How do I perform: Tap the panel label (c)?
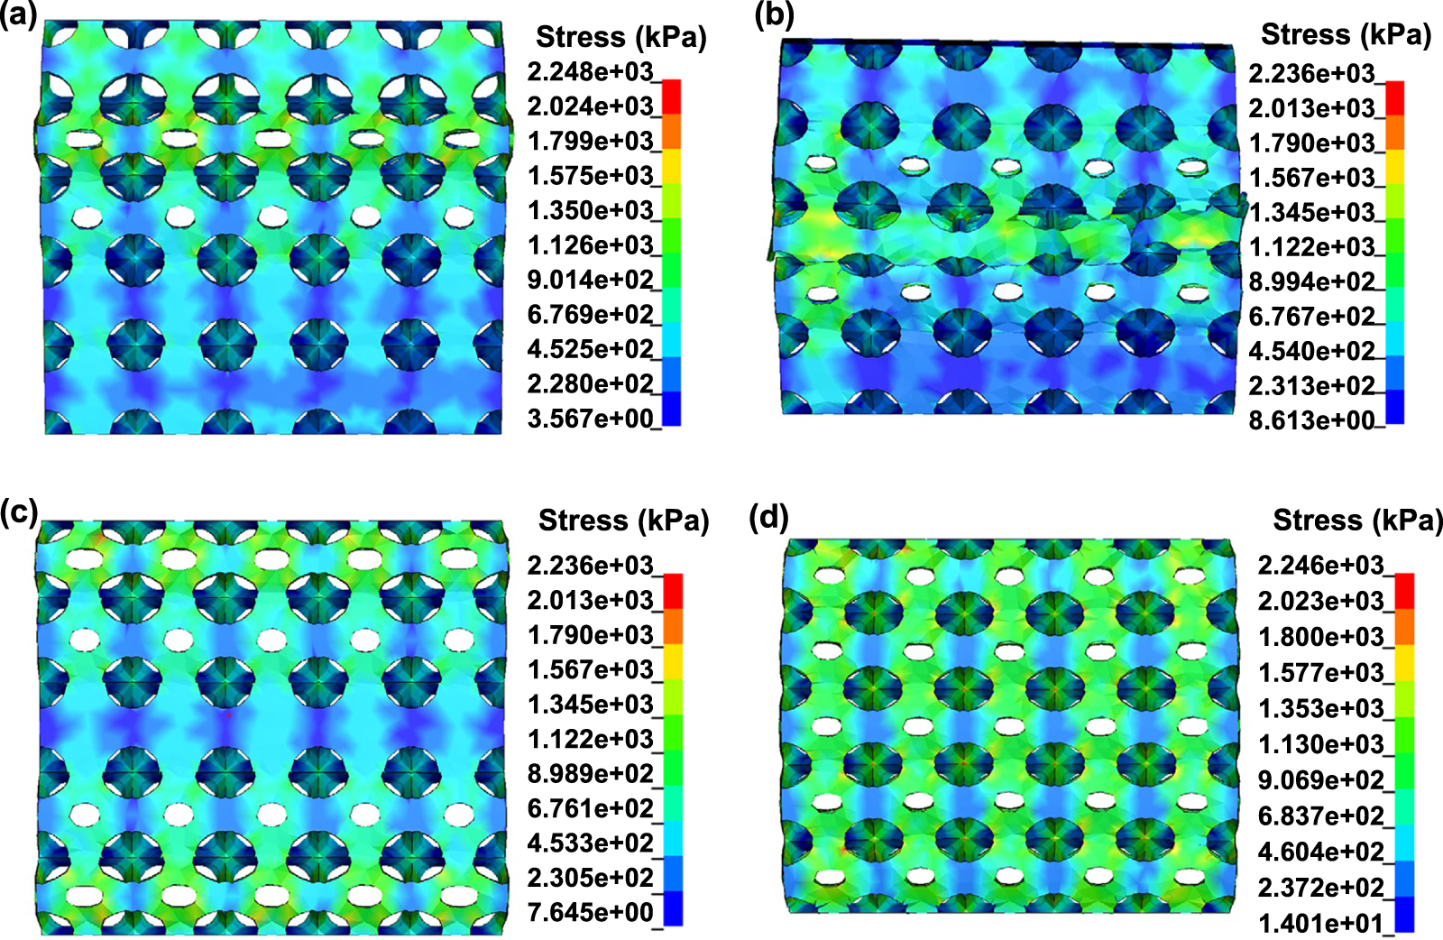pyautogui.click(x=19, y=511)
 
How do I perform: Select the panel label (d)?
pyautogui.click(x=768, y=518)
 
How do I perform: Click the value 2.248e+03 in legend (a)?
pyautogui.click(x=590, y=71)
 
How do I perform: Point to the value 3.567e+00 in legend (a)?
pyautogui.click(x=590, y=419)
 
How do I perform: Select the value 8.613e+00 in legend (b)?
pyautogui.click(x=1311, y=420)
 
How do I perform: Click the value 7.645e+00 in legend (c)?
pyautogui.click(x=590, y=912)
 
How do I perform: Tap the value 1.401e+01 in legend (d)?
pyautogui.click(x=1320, y=923)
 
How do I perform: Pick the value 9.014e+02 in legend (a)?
pyautogui.click(x=590, y=280)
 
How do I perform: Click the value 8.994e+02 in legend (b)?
pyautogui.click(x=1311, y=281)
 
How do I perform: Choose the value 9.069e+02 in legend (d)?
pyautogui.click(x=1320, y=779)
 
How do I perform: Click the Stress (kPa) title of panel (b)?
pyautogui.click(x=1346, y=34)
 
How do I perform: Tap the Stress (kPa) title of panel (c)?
pyautogui.click(x=623, y=521)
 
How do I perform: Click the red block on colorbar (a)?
pyautogui.click(x=672, y=97)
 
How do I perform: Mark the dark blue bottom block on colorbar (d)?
pyautogui.click(x=1404, y=914)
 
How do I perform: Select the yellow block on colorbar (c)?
pyautogui.click(x=673, y=660)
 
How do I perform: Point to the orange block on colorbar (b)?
pyautogui.click(x=1395, y=133)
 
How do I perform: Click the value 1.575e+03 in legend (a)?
pyautogui.click(x=590, y=175)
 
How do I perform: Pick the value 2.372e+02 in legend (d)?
pyautogui.click(x=1320, y=888)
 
